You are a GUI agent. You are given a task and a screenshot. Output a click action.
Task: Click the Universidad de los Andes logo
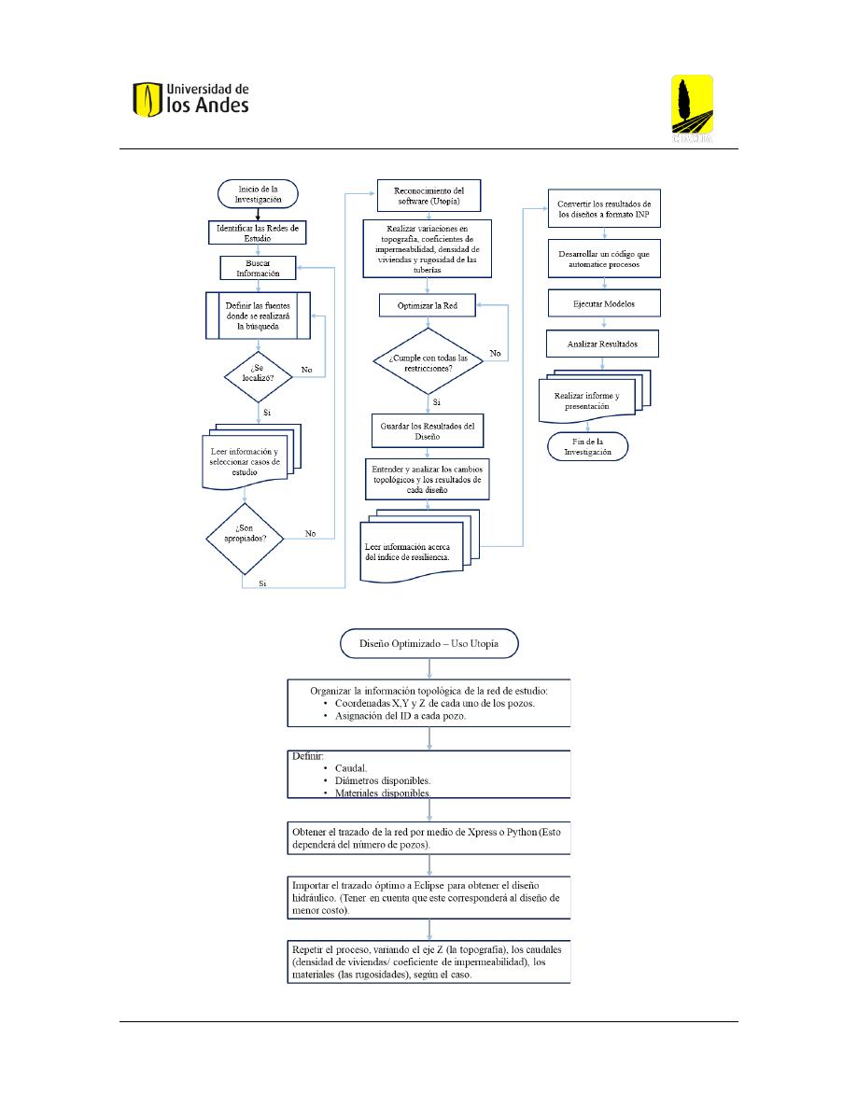click(191, 99)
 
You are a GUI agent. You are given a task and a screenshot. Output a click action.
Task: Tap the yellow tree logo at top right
click(692, 108)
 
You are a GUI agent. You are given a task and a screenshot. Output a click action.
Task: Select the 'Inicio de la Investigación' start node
click(258, 194)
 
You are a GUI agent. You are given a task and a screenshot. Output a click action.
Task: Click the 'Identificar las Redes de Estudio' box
click(258, 232)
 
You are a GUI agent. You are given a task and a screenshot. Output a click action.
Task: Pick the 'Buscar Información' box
click(258, 268)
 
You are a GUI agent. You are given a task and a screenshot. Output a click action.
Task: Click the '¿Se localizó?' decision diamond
click(258, 376)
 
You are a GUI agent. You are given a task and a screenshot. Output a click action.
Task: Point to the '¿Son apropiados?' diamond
click(245, 539)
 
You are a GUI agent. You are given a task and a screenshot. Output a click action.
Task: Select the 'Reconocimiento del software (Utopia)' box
click(428, 196)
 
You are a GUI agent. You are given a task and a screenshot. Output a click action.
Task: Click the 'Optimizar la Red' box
click(427, 305)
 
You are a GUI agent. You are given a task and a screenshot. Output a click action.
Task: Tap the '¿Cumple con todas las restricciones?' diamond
click(428, 361)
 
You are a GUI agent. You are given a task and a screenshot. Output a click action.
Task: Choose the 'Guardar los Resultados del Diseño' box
click(427, 430)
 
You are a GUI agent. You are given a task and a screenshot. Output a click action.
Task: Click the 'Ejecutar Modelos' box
click(604, 303)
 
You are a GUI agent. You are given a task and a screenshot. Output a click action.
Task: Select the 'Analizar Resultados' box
click(602, 344)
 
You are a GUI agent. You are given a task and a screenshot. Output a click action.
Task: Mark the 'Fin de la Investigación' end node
click(587, 447)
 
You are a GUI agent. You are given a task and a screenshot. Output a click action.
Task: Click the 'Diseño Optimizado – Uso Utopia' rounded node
click(429, 643)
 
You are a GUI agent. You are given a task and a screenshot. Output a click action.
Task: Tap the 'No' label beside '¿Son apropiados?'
click(311, 533)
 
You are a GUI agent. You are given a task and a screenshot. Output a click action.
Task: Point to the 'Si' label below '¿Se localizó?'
click(267, 413)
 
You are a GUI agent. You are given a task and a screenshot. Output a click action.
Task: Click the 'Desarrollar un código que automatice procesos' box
click(604, 259)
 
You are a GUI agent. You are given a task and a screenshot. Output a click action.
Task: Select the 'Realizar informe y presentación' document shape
click(594, 396)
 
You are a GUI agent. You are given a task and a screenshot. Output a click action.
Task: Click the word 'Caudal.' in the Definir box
click(351, 768)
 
